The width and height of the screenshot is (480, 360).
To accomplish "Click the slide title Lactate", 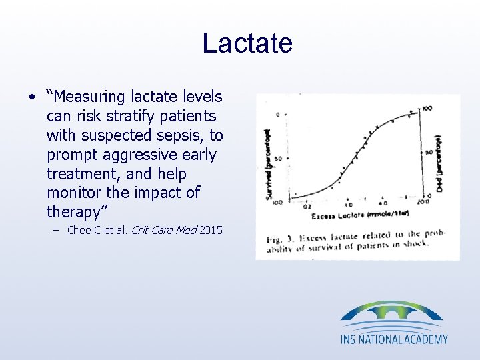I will (247, 43).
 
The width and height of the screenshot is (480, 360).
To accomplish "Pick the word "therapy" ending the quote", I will (73, 212).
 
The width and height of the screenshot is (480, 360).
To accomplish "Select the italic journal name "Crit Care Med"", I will (163, 231).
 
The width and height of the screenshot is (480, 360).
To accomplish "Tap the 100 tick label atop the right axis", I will (427, 108).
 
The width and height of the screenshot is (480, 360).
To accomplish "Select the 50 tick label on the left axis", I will (277, 158).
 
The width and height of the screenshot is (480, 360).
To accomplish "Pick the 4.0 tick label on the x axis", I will (383, 203).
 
